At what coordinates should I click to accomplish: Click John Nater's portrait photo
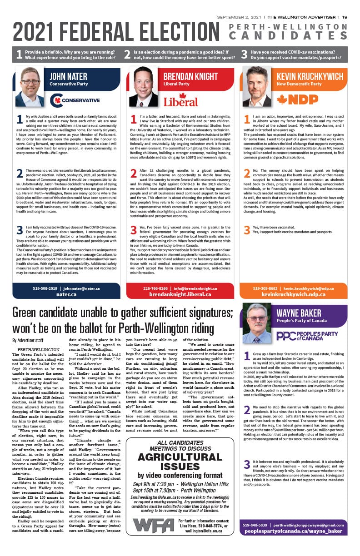click(x=30, y=87)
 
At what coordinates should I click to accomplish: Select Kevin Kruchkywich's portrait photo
click(x=256, y=87)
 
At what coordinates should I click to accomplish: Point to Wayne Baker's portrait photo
click(x=256, y=323)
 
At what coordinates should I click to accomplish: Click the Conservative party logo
click(x=74, y=99)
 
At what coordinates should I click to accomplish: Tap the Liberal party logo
click(x=180, y=100)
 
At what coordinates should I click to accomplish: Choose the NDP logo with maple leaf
click(x=297, y=99)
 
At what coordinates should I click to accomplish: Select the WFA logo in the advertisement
click(x=153, y=526)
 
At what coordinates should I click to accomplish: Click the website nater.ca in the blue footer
click(x=66, y=294)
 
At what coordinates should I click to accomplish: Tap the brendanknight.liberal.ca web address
click(x=180, y=294)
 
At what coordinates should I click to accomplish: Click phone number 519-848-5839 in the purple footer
click(x=257, y=525)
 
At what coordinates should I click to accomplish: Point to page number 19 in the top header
click(x=345, y=17)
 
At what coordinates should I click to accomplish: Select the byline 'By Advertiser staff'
click(x=28, y=340)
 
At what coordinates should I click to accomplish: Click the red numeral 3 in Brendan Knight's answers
click(x=134, y=230)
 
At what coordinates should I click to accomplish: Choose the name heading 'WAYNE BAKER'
click(x=299, y=313)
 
